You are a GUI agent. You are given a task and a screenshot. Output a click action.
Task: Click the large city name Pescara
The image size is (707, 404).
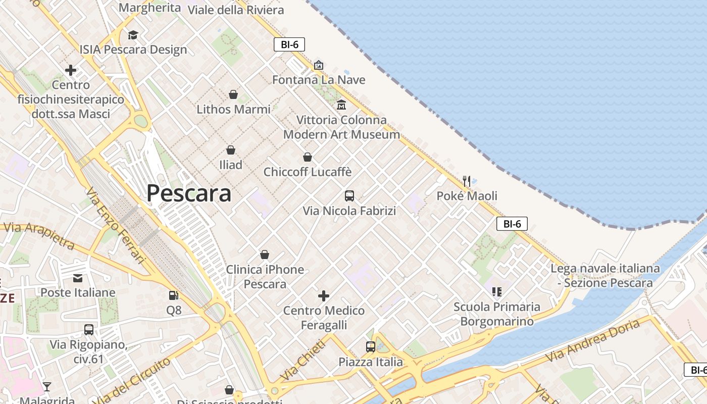(189, 193)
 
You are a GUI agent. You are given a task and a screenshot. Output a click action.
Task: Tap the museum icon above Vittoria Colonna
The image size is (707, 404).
(341, 105)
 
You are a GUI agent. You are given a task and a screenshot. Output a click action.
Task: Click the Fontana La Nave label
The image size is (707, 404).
(319, 80)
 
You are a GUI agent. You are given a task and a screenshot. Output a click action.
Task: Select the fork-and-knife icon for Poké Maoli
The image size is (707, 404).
(467, 181)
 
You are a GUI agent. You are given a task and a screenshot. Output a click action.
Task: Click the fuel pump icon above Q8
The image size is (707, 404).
(174, 295)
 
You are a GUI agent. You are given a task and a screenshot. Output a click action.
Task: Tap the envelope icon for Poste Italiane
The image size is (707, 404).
(78, 278)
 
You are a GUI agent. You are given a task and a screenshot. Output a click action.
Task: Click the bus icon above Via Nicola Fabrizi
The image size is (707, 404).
(349, 196)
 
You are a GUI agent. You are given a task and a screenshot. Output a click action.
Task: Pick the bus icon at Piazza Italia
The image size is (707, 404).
(371, 347)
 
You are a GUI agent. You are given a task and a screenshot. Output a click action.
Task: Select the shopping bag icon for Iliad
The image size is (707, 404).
(231, 150)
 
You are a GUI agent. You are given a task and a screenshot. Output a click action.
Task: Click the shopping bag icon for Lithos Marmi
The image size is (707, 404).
(233, 94)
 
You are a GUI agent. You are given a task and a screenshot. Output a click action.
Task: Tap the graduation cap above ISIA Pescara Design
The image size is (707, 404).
(133, 35)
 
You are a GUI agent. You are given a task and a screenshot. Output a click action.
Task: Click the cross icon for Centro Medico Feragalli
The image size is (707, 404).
(324, 295)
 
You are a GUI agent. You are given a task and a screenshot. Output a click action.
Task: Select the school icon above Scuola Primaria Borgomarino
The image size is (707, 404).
(496, 291)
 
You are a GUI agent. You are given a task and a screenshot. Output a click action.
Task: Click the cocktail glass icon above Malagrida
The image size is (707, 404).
(47, 387)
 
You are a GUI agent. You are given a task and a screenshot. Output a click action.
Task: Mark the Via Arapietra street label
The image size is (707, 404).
(39, 236)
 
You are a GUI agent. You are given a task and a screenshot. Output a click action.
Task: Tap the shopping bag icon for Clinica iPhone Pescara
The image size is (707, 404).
(265, 255)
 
